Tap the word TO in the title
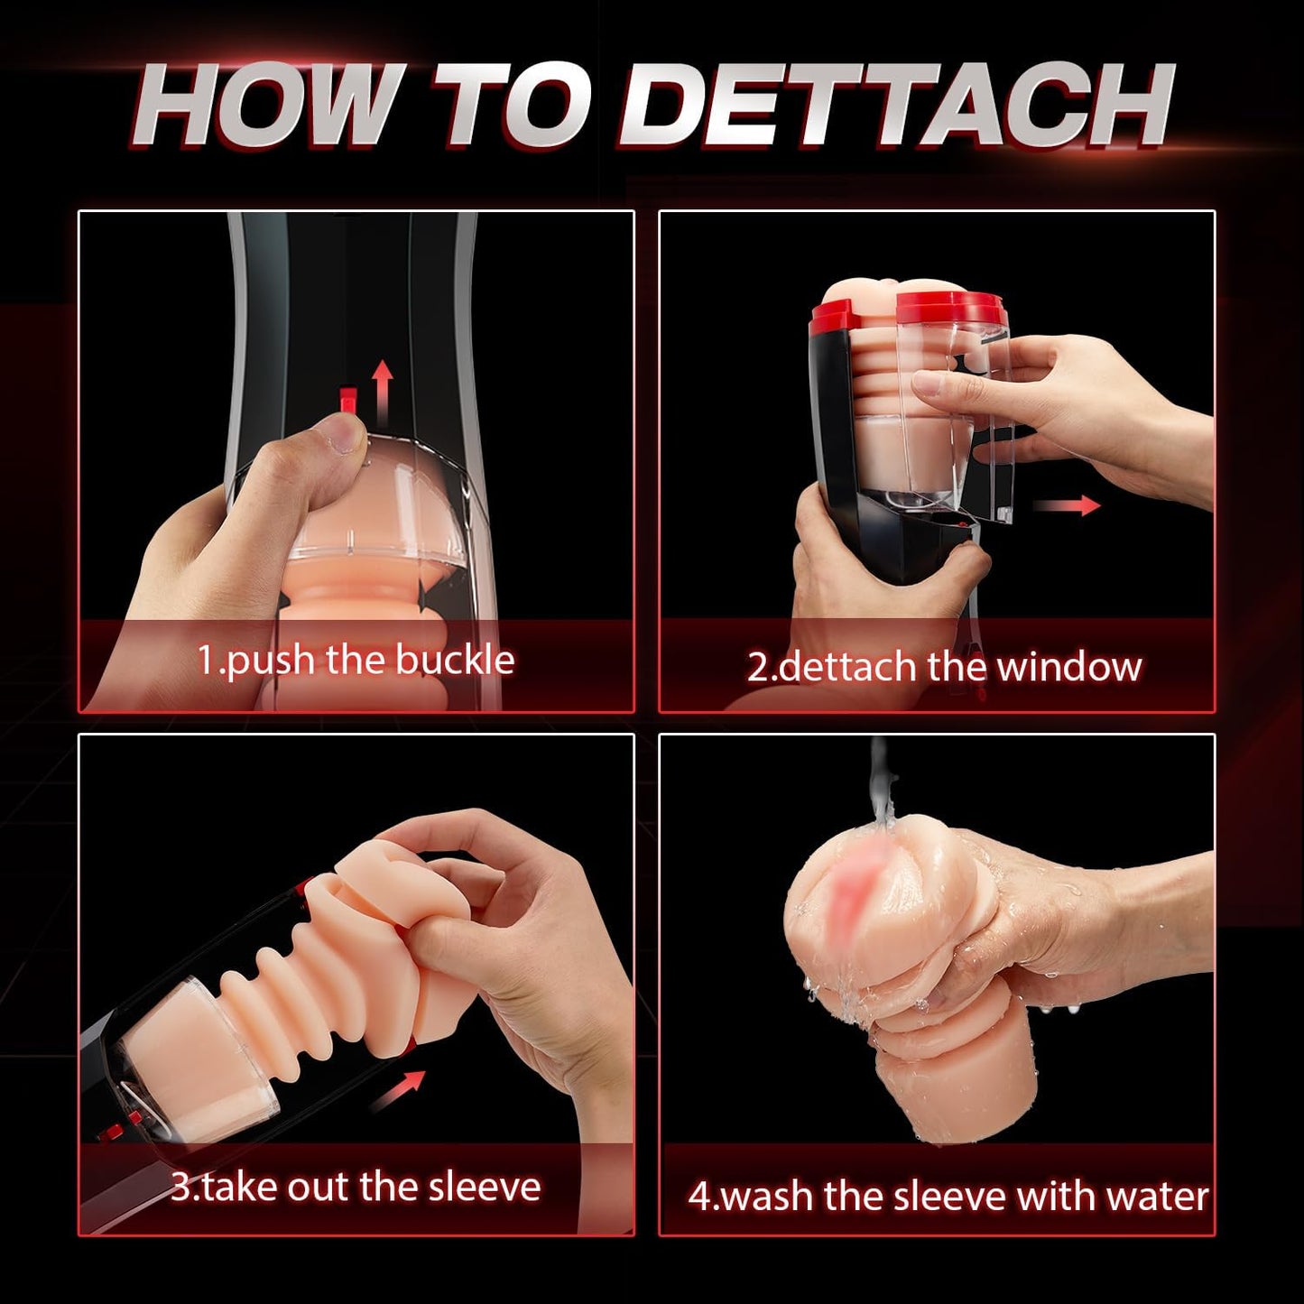click(511, 106)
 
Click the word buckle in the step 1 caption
click(455, 660)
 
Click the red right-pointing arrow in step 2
click(1068, 505)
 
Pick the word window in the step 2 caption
click(1069, 667)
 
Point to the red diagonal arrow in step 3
click(398, 1091)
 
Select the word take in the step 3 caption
click(239, 1187)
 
